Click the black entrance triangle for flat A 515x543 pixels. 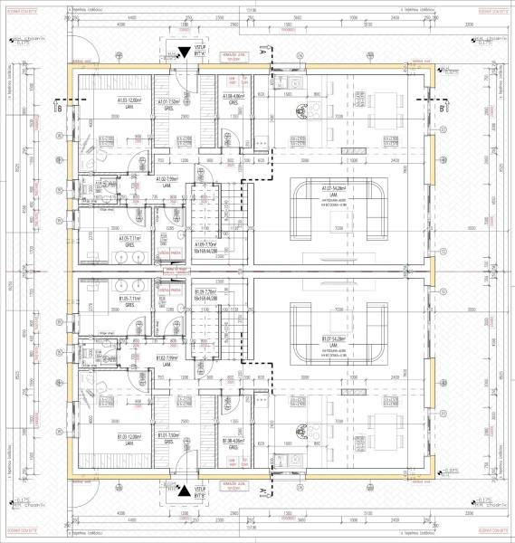pos(185,53)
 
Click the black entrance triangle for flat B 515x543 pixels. pos(186,490)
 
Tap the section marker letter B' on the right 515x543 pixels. pos(441,109)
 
